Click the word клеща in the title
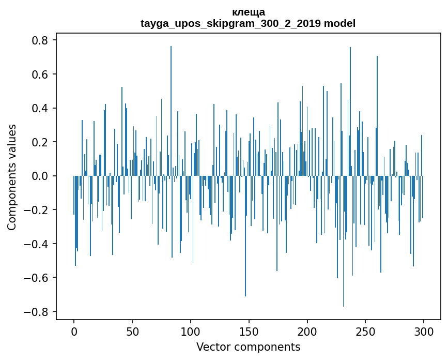249,12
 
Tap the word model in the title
339,23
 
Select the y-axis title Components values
12,176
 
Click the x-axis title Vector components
248,347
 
